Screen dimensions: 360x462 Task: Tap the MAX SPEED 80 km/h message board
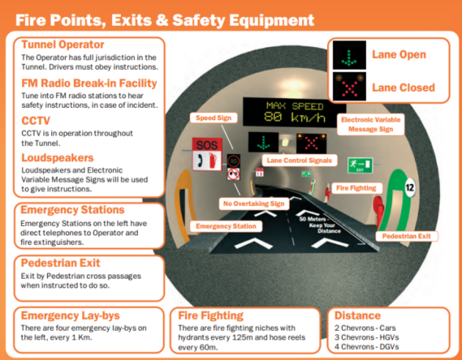tap(284, 112)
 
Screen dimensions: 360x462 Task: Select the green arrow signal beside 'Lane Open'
tap(349, 57)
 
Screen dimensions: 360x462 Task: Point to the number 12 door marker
tap(409, 188)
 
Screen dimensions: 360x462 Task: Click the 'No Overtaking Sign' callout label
tap(253, 204)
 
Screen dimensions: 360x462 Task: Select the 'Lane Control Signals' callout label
tap(299, 160)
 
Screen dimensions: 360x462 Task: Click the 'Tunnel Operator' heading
tap(63, 45)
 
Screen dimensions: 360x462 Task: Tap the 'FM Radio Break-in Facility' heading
tap(89, 83)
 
